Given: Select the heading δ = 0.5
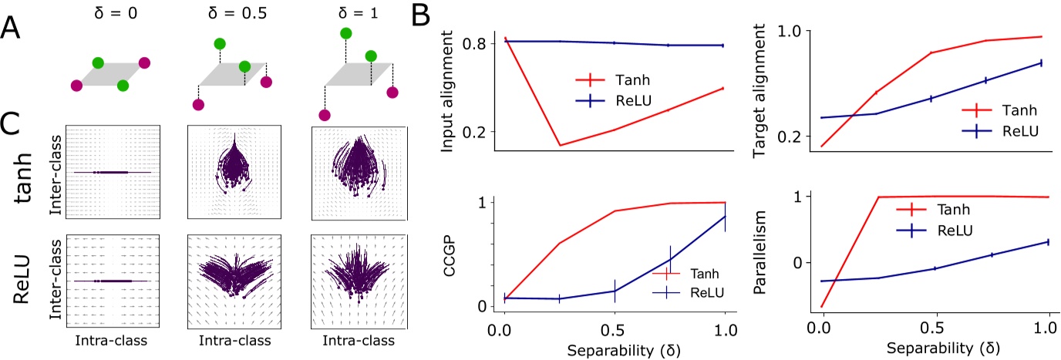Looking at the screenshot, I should (x=227, y=12).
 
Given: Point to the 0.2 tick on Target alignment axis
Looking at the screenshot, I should (x=793, y=136).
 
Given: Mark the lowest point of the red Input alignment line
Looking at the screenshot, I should (x=559, y=145).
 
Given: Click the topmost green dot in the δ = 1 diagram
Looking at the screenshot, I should (x=346, y=32).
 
